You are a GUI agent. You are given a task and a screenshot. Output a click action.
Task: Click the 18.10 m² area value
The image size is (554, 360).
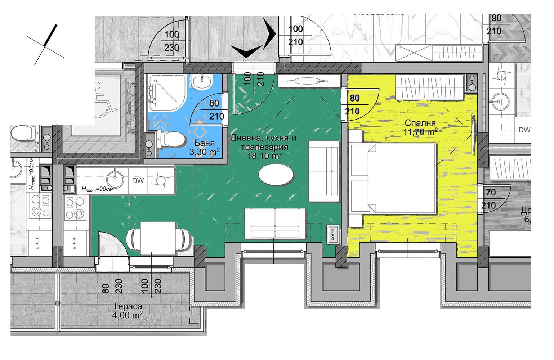(x=264, y=156)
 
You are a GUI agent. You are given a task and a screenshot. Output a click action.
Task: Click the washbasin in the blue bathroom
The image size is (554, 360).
(x=203, y=83)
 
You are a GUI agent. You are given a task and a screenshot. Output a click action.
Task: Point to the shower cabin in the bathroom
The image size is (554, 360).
(x=166, y=92)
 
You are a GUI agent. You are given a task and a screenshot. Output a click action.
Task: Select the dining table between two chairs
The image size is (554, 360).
(x=158, y=238)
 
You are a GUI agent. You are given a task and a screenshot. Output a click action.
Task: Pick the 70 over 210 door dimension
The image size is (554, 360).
(x=491, y=199)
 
